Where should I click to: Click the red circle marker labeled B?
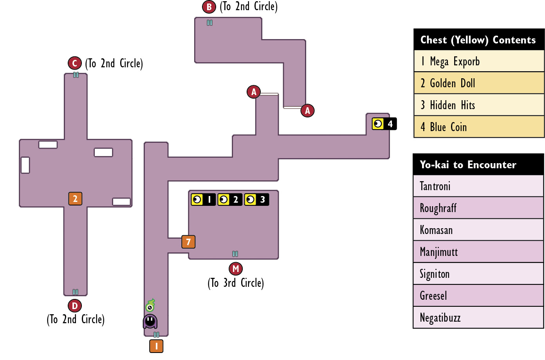pos(209,7)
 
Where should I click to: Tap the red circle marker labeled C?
pos(75,63)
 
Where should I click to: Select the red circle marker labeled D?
pos(75,306)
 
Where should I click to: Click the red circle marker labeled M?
pos(236,269)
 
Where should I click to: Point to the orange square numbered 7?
pos(188,242)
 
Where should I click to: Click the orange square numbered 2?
pos(75,199)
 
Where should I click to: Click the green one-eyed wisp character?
pos(150,305)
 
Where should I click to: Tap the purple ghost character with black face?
pos(150,321)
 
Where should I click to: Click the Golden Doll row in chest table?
pos(479,83)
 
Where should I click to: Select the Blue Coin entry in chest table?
pos(479,127)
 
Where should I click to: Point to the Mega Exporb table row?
pos(479,61)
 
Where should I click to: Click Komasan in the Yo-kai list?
pos(478,230)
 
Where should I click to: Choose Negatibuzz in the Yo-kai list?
pos(478,317)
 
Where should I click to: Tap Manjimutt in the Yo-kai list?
pos(478,252)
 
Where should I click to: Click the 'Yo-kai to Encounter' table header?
pos(478,164)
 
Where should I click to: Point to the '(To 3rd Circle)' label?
pos(236,283)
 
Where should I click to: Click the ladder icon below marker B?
pos(209,23)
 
